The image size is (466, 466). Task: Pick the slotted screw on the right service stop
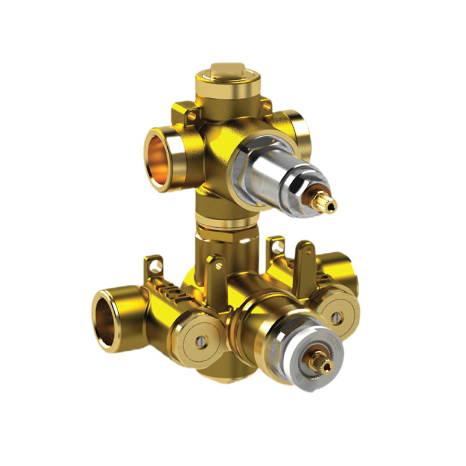coord(336,317)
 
